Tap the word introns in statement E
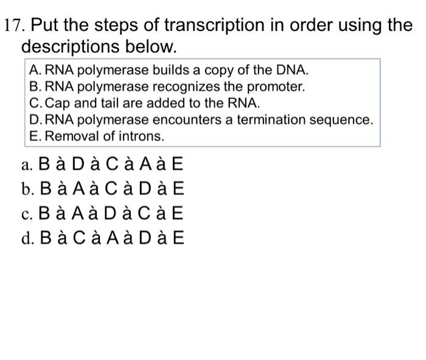point(144,136)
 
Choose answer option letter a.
point(25,165)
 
